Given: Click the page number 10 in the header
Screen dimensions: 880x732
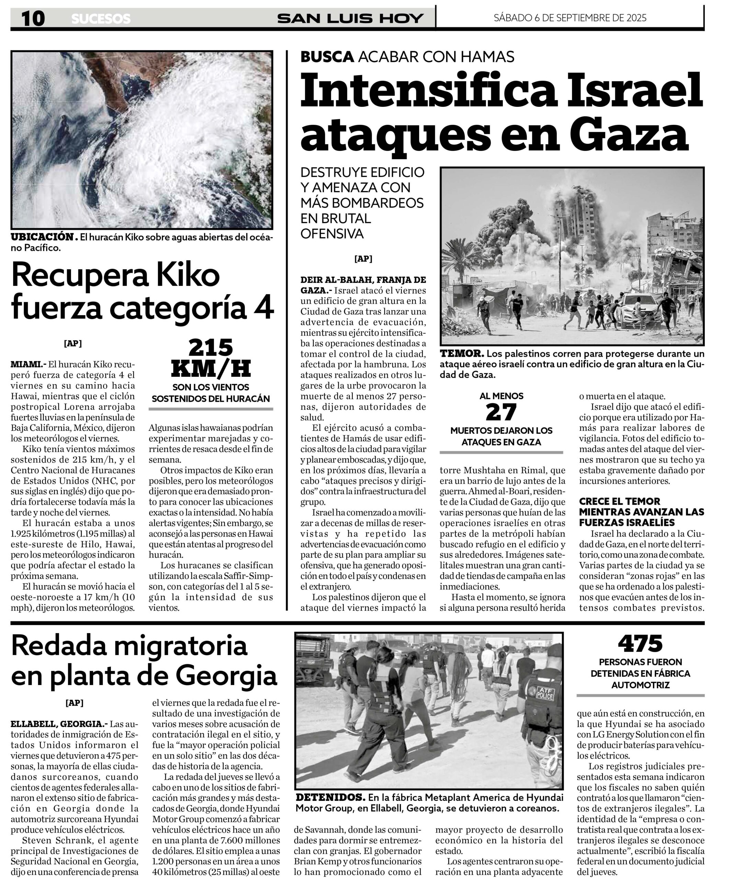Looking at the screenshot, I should tap(33, 18).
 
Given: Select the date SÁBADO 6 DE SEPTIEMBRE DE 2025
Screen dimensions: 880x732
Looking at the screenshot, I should tap(570, 18).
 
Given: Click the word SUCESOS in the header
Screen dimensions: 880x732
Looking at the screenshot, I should tap(101, 19).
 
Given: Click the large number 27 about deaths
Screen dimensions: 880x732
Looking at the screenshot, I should tap(501, 413).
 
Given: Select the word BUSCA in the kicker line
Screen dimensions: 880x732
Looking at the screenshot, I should tap(327, 57).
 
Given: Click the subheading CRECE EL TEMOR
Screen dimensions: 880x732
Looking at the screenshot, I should tap(619, 501).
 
